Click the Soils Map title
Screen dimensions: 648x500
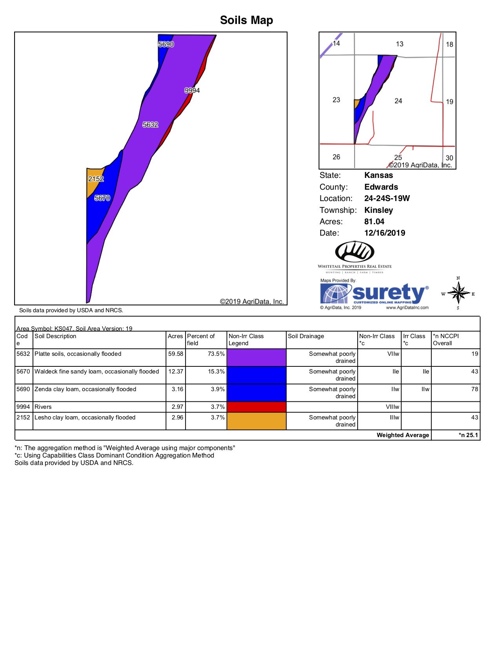(x=246, y=20)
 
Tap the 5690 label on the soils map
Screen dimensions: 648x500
(x=166, y=44)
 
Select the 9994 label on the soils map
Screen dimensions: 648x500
(x=192, y=90)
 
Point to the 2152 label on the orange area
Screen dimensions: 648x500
(x=96, y=179)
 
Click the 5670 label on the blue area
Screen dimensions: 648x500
(x=102, y=198)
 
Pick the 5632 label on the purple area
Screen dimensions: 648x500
(x=150, y=125)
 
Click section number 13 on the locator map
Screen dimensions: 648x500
(x=399, y=44)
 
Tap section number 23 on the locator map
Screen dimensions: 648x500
(x=336, y=100)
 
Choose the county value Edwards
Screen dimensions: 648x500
(x=381, y=187)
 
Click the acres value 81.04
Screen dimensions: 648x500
(x=374, y=221)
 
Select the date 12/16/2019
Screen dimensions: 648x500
(x=384, y=233)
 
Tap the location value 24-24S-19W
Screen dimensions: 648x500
(x=387, y=198)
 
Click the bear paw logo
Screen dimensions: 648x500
(x=355, y=252)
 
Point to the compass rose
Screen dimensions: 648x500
(x=458, y=293)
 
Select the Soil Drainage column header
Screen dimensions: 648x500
(x=306, y=336)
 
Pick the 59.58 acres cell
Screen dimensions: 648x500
(x=176, y=354)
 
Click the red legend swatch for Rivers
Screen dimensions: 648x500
(x=256, y=407)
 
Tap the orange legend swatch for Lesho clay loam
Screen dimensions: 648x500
(x=256, y=421)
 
